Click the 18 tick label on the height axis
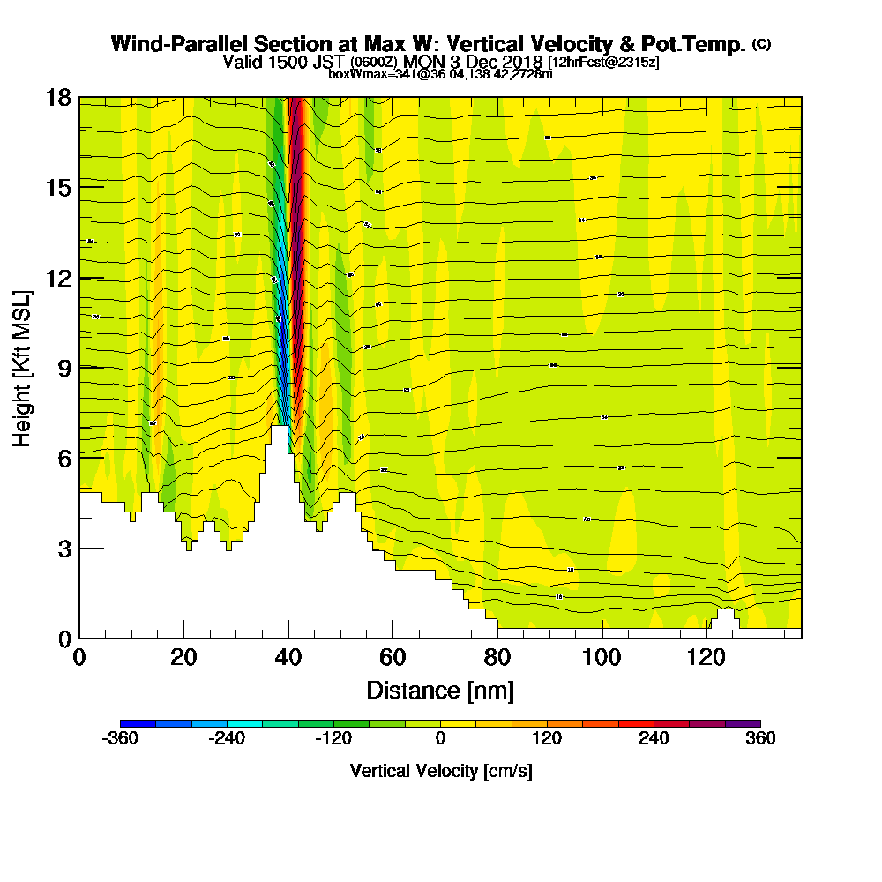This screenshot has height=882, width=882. click(59, 97)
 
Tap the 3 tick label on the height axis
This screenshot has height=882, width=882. click(64, 548)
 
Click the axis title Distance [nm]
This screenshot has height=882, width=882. click(440, 691)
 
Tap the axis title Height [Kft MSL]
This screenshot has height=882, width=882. click(23, 367)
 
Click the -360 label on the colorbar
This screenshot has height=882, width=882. click(120, 738)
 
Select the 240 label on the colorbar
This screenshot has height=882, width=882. click(654, 738)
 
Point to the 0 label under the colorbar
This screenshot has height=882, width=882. click(440, 738)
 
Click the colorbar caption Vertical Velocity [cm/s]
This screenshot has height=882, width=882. click(440, 771)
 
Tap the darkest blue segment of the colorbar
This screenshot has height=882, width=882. click(138, 723)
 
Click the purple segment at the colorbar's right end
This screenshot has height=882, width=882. click(743, 723)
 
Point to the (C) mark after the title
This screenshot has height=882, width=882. click(761, 43)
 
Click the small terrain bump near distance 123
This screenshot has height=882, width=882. click(726, 615)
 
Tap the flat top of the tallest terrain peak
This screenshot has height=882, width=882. click(280, 429)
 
